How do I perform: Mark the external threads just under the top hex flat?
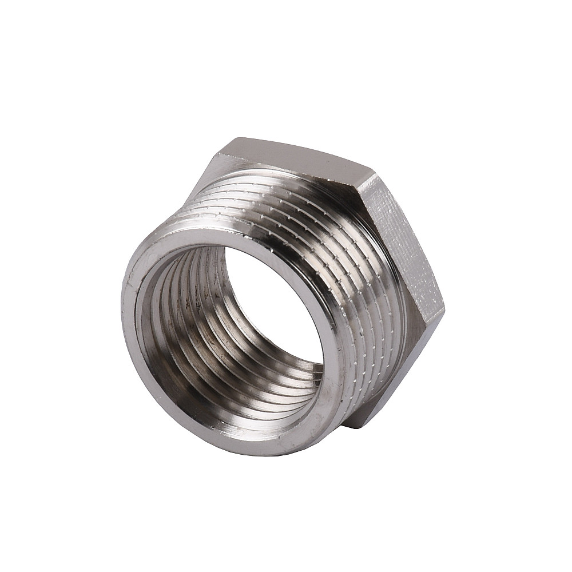pyautogui.click(x=275, y=189)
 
